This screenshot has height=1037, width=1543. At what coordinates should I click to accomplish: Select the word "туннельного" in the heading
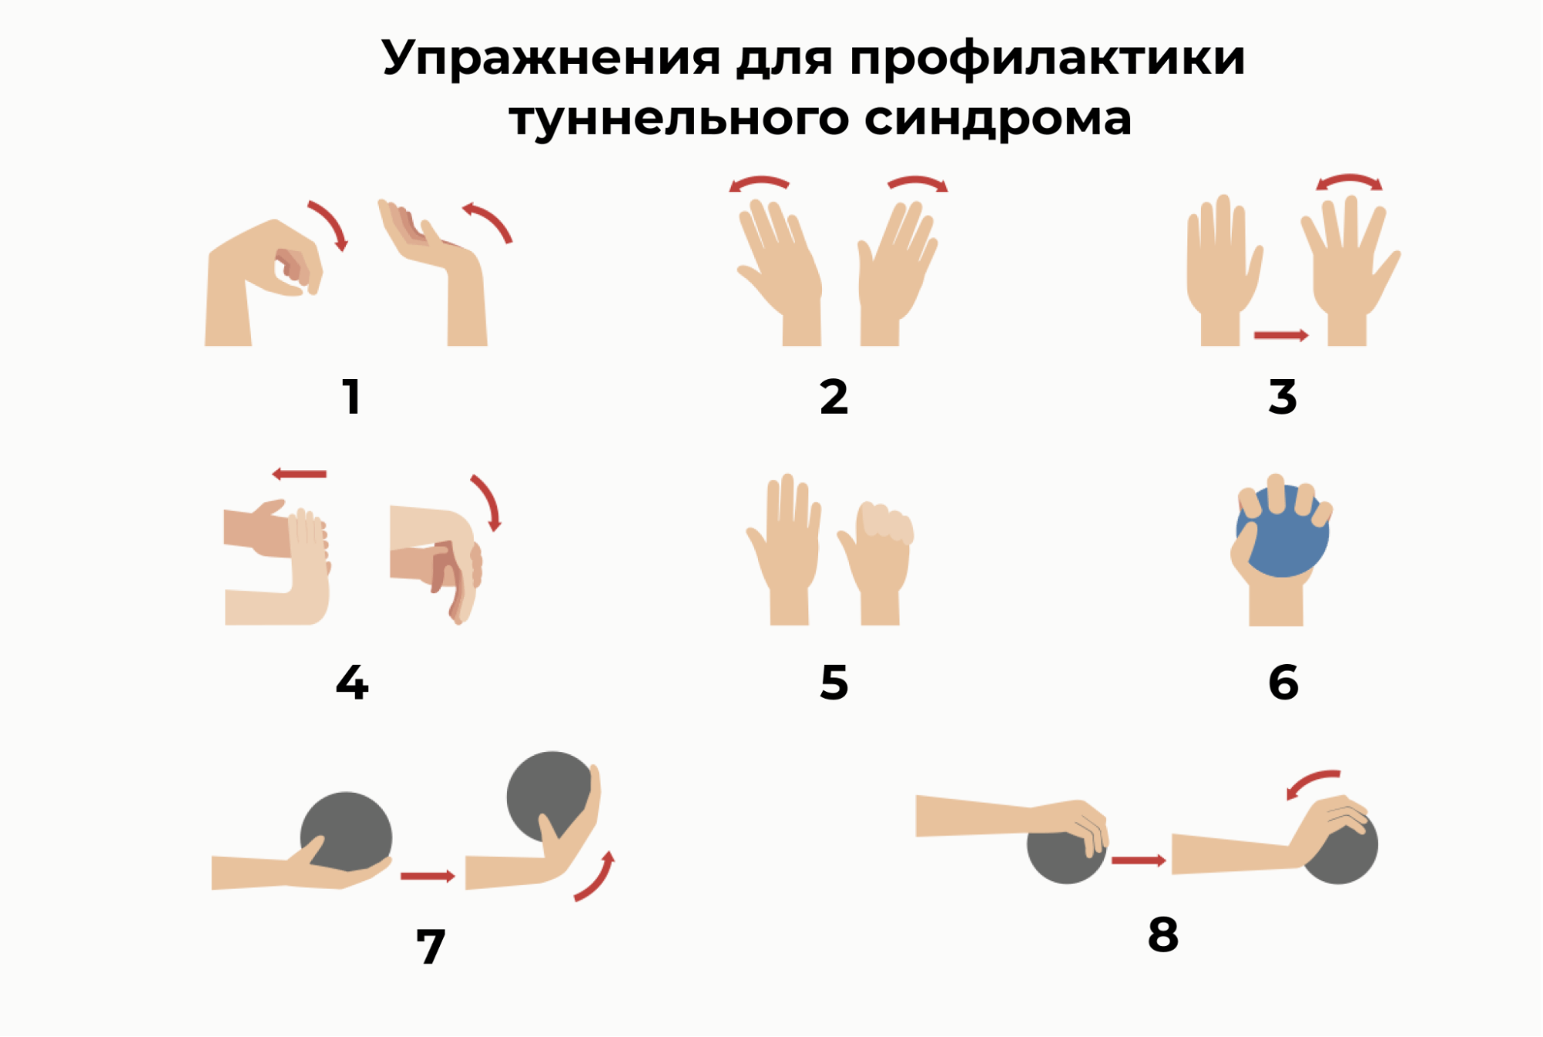(678, 119)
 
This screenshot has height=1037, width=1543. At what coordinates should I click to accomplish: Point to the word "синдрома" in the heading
(997, 119)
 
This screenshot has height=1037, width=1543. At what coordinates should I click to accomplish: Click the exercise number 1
(352, 397)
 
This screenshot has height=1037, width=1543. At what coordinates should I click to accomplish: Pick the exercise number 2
(834, 397)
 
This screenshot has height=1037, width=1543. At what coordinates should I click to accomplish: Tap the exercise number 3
(1282, 397)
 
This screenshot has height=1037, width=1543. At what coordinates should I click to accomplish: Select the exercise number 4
(352, 683)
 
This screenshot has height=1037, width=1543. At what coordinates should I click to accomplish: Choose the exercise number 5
(834, 683)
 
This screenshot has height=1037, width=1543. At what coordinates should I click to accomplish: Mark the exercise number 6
(1283, 683)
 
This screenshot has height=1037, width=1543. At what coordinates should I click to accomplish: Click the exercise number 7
(431, 946)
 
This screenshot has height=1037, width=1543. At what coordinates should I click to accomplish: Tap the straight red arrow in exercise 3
(1281, 335)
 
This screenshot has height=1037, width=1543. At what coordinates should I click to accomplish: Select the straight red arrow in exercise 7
(428, 876)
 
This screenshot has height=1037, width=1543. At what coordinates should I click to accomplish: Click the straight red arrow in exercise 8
(1139, 860)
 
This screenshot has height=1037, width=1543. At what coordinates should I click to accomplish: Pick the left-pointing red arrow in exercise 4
(299, 474)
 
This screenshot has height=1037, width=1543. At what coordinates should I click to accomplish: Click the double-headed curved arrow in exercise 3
(1349, 180)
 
